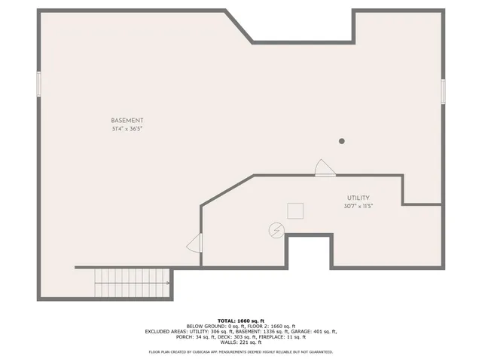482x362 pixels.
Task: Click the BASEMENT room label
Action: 127,121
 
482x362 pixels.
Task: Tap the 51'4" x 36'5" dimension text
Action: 127,129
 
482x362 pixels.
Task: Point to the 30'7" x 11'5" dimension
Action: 358,205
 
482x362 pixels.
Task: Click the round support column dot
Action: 341,141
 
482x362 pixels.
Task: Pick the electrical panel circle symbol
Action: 276,229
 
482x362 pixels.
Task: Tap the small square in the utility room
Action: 295,210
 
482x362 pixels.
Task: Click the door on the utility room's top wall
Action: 325,168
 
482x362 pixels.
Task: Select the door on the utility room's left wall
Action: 194,243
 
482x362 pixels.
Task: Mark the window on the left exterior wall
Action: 38,84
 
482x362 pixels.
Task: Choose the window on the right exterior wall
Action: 443,91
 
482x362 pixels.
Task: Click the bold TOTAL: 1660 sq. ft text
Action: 240,320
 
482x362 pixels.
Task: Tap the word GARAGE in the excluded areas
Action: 309,331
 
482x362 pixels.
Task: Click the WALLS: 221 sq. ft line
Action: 240,343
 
